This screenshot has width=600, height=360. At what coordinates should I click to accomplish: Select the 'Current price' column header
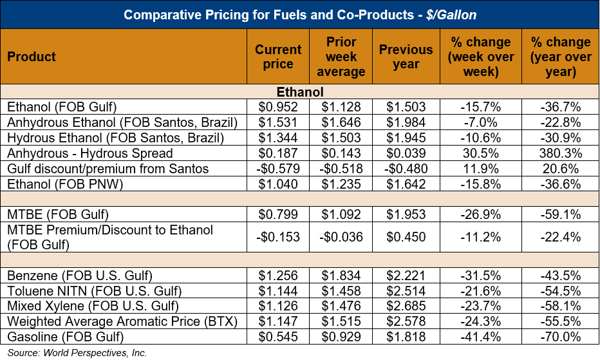click(278, 57)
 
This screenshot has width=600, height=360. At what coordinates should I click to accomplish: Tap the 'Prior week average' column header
click(341, 57)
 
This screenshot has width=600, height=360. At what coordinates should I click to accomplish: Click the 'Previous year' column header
click(406, 57)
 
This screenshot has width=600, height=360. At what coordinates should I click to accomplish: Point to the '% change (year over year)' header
click(561, 57)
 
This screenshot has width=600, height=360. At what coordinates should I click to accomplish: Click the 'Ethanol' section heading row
click(299, 93)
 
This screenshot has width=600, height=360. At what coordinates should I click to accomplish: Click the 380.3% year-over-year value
click(561, 153)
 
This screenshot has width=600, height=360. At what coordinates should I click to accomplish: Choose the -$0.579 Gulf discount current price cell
click(278, 168)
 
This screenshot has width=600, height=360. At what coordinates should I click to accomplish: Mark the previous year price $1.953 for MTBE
click(406, 213)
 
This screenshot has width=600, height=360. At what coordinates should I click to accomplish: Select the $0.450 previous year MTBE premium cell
click(406, 236)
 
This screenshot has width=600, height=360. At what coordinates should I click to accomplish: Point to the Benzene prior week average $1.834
click(341, 275)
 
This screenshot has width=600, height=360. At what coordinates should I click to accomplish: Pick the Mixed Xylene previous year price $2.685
click(406, 305)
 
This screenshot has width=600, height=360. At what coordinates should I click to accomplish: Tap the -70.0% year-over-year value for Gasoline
click(561, 336)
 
